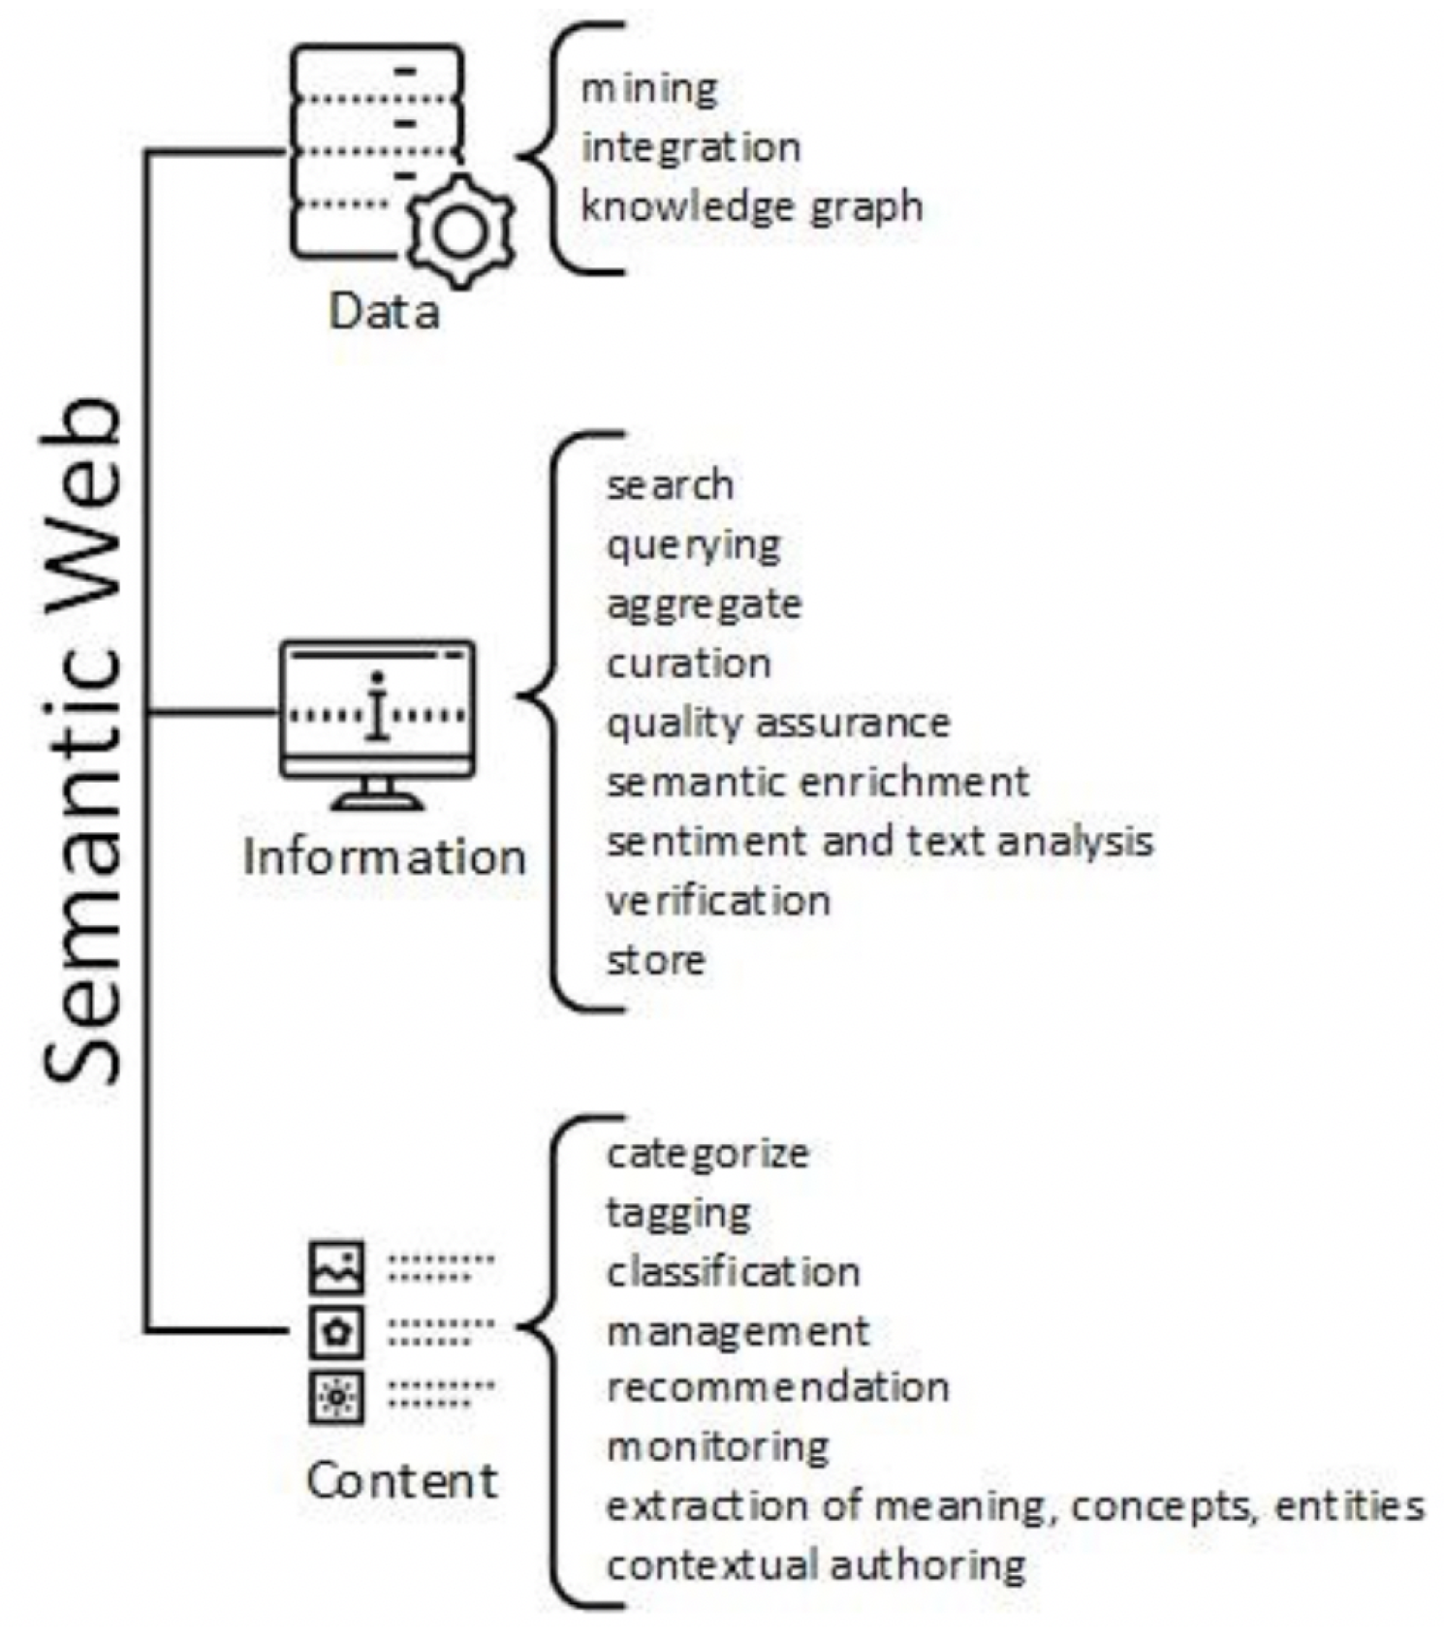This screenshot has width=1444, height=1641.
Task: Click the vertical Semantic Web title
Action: (x=84, y=741)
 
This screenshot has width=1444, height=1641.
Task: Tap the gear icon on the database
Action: (x=459, y=232)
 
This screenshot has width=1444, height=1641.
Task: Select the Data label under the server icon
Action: (x=384, y=311)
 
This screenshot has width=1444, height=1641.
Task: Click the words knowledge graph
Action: (x=751, y=207)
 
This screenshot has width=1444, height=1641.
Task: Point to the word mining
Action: (x=648, y=89)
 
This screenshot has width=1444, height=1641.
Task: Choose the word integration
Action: (x=690, y=148)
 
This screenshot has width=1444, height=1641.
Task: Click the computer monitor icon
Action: (x=377, y=722)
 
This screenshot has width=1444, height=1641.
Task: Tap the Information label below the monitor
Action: (x=384, y=857)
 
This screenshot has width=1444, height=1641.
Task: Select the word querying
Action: (x=693, y=545)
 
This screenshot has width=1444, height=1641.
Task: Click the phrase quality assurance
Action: (x=777, y=724)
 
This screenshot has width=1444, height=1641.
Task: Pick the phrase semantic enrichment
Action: (x=817, y=783)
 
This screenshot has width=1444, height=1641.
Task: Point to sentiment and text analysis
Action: (x=879, y=842)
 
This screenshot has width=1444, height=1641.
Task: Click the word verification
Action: (x=718, y=901)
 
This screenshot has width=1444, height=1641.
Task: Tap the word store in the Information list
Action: (x=655, y=960)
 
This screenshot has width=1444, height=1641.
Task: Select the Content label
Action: (x=401, y=1480)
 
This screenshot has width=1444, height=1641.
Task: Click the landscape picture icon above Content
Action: (x=336, y=1268)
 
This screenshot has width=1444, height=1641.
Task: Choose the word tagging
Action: (x=677, y=1213)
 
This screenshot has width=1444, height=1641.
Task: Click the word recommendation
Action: (x=777, y=1387)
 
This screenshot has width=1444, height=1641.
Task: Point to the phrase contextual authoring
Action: (x=815, y=1565)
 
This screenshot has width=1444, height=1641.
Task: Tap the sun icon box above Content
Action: (x=336, y=1396)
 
